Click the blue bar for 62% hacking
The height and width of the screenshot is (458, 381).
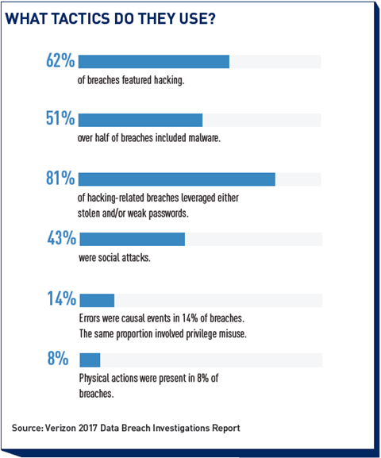pos(154,62)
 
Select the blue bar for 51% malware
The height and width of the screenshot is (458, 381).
pos(140,120)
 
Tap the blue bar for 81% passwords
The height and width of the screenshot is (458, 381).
pos(177,179)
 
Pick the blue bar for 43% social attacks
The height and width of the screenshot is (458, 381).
pos(133,239)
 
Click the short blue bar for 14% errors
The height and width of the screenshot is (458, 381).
pos(97,300)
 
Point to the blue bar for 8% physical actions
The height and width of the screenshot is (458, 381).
pos(90,360)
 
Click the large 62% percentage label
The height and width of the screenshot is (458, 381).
pos(60,61)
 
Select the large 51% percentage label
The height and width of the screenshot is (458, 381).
pos(60,118)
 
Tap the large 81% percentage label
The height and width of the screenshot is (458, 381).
pos(60,178)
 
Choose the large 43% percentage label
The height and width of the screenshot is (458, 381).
pos(62,238)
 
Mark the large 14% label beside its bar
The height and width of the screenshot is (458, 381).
pos(62,298)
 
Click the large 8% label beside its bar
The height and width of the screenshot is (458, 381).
pos(58,358)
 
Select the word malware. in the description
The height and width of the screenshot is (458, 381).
pos(204,137)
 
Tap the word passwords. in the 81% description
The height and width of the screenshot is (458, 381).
pos(168,214)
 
